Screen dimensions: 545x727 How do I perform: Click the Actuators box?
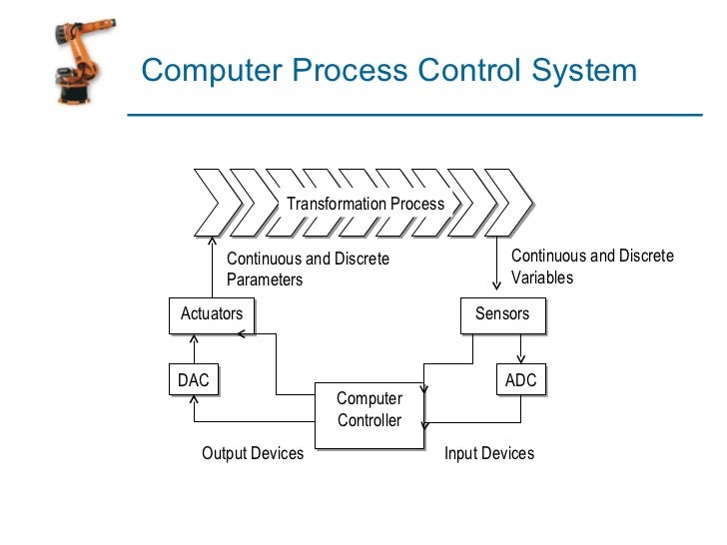click(211, 314)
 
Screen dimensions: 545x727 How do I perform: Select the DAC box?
click(194, 380)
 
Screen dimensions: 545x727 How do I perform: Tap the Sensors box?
click(502, 314)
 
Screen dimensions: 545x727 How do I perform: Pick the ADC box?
click(521, 380)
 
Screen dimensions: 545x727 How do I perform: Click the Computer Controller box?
click(368, 410)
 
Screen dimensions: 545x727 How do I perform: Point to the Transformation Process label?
click(365, 204)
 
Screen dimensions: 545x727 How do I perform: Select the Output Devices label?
click(253, 453)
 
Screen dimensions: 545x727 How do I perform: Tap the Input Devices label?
click(489, 453)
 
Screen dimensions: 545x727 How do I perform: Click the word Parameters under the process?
click(265, 279)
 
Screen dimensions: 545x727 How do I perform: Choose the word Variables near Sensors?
click(542, 277)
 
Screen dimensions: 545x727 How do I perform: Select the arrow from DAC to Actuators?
click(195, 349)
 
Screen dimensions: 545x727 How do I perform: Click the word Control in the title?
click(464, 71)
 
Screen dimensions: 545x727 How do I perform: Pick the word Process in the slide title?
click(346, 71)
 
